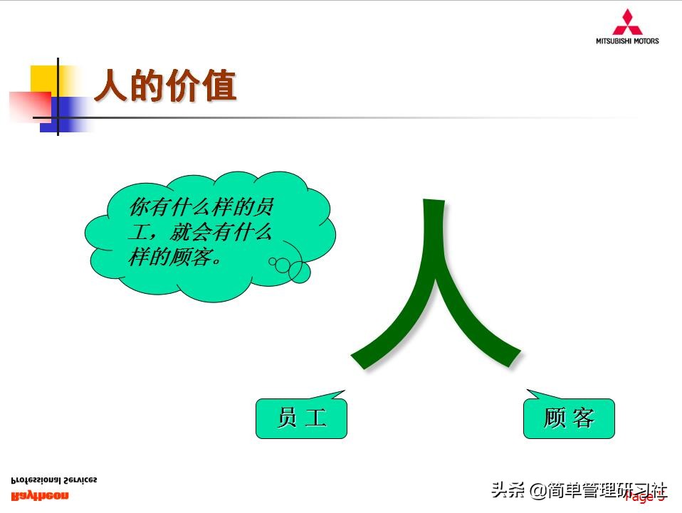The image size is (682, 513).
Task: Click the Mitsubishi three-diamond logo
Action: click(627, 22)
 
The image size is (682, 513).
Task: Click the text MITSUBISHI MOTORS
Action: click(627, 41)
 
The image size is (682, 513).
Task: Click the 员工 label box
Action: click(301, 418)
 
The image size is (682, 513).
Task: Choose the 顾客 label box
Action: click(569, 418)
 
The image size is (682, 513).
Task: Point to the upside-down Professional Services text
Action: click(54, 480)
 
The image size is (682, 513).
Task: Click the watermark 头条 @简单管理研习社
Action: click(578, 490)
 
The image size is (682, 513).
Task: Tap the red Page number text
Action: click(644, 497)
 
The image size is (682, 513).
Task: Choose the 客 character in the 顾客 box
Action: click(583, 418)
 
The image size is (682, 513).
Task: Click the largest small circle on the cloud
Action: click(298, 270)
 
